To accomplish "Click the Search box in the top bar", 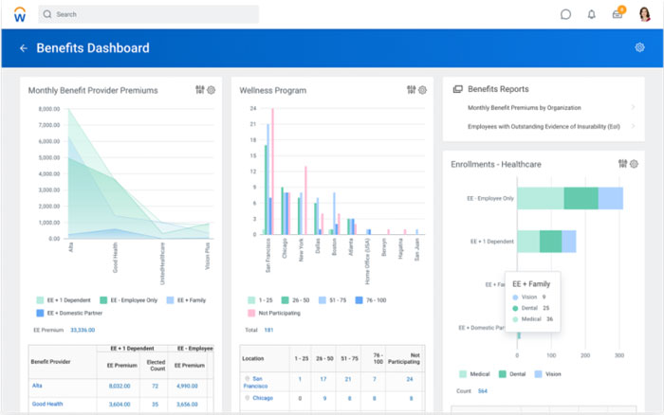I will click(x=147, y=14).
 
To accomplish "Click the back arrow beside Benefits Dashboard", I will click(x=23, y=48).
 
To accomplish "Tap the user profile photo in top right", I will click(x=644, y=14).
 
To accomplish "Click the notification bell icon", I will click(x=592, y=14).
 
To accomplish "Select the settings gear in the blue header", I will click(x=639, y=48).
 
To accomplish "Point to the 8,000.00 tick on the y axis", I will click(x=48, y=109).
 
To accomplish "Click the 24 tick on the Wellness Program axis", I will click(x=253, y=109).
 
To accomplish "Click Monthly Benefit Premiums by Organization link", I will click(x=524, y=108).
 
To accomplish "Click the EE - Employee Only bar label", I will click(x=490, y=198).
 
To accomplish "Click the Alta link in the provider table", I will click(x=37, y=386).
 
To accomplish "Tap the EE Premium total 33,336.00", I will click(x=83, y=330).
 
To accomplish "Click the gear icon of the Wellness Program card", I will click(x=423, y=91).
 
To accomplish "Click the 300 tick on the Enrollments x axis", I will click(x=619, y=355).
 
